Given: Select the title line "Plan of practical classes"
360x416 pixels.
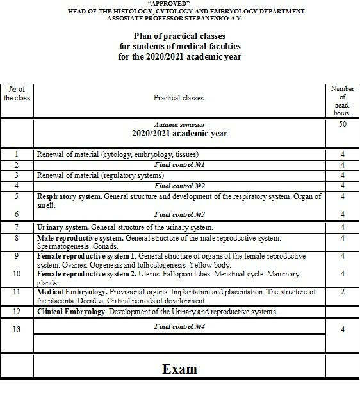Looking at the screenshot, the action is pos(179,36).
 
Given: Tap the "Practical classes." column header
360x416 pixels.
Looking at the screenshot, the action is pos(179,98).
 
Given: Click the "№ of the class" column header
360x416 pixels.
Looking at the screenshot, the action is pos(17,93).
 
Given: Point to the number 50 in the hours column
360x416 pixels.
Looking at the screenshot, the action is pos(343,124).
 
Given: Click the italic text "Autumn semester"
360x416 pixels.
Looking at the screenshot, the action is pos(179,124).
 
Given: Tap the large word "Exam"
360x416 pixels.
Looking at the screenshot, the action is pos(179,369).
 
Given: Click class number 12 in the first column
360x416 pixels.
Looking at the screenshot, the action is pos(17,312).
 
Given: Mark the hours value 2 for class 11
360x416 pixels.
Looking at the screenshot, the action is pos(343,292).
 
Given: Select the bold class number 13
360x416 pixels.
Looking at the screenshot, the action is pos(17,329).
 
